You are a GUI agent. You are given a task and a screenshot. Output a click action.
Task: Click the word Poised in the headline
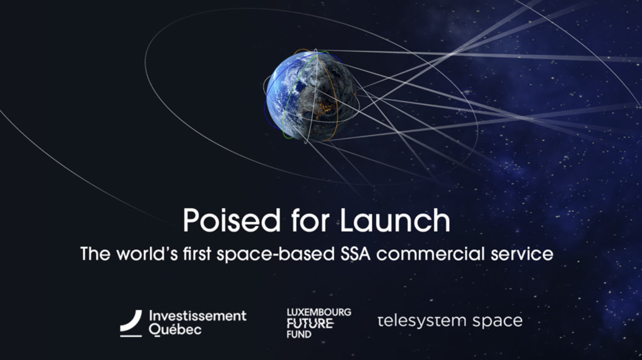click(232, 220)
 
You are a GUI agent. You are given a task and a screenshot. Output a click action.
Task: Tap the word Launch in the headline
click(395, 220)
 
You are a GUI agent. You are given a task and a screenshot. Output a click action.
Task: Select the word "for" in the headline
click(310, 220)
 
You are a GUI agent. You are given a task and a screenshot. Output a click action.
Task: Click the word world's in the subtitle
click(148, 254)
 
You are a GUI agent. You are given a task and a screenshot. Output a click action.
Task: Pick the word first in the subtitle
click(197, 254)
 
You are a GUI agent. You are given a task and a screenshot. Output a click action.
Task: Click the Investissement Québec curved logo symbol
click(131, 323)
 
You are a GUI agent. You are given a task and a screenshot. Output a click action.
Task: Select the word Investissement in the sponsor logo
click(198, 316)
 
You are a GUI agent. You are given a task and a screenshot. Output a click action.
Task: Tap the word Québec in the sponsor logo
click(175, 330)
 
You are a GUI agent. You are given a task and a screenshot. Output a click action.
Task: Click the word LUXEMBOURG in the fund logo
click(319, 312)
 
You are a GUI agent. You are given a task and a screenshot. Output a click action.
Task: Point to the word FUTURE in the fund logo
click(310, 324)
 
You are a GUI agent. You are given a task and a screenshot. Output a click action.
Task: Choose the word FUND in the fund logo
click(299, 334)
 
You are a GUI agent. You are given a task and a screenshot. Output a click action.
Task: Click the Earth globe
click(312, 96)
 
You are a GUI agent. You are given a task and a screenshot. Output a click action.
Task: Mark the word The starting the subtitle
click(96, 254)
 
